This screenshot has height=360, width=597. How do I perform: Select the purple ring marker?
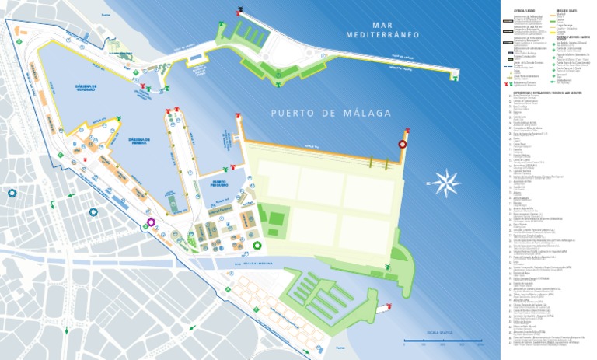(x=150, y=222)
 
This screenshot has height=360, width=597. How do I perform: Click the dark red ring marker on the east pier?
(x=403, y=144)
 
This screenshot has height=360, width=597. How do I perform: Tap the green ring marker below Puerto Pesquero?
(x=257, y=247)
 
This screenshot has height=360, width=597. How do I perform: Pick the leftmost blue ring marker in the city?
(x=12, y=193)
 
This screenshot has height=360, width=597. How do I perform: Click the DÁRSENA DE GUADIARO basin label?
(x=75, y=88)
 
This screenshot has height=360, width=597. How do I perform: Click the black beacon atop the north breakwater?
(x=240, y=11)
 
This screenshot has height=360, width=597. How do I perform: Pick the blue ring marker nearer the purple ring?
(x=93, y=211)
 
